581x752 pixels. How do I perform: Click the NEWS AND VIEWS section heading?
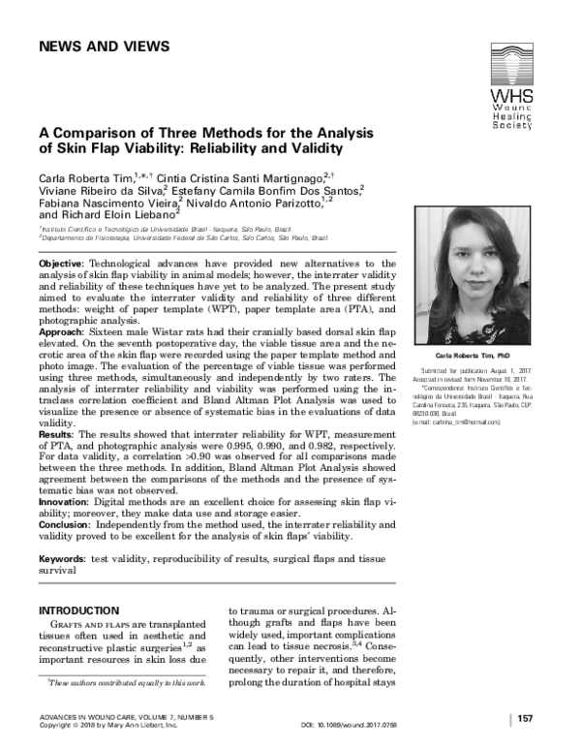(x=104, y=47)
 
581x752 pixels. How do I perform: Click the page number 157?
(x=528, y=718)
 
